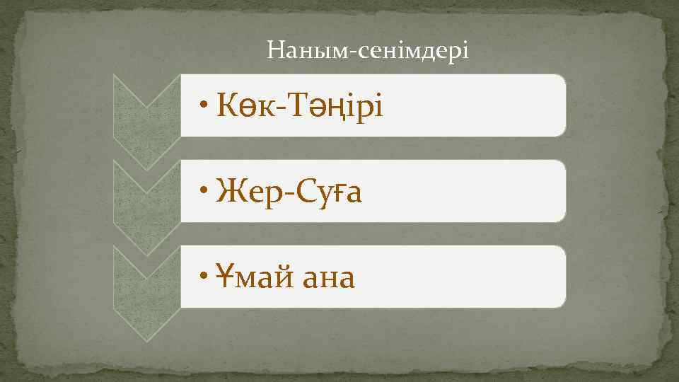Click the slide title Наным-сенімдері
tap(368, 51)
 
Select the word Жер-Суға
tap(291, 192)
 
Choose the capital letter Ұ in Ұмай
tap(226, 277)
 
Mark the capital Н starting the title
tap(276, 51)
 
